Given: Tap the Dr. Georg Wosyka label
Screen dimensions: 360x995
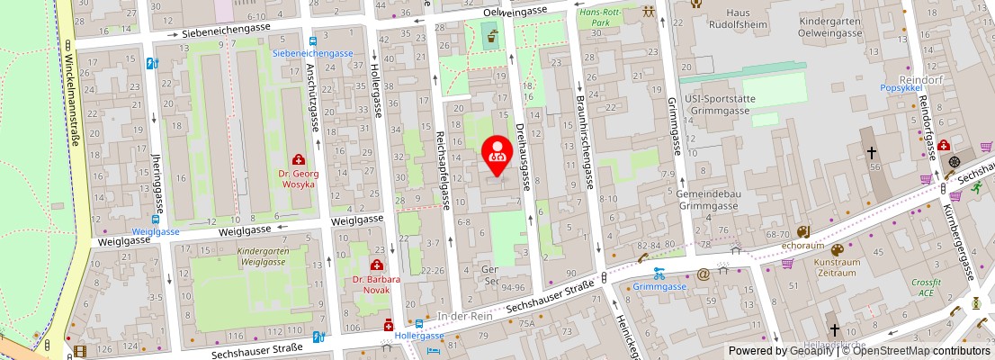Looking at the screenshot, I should (297, 178).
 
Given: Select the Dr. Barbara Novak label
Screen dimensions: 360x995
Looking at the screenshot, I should (376, 284).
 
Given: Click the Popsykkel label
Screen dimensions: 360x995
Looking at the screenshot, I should (902, 89).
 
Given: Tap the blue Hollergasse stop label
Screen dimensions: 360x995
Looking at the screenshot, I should (420, 336).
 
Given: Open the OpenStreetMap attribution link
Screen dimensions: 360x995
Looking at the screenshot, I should (915, 351).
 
